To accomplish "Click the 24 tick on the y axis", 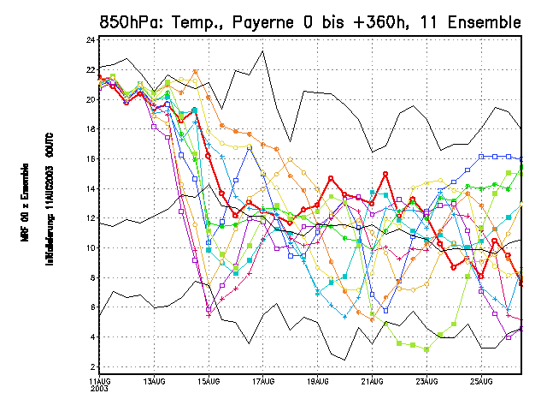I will (x=91, y=39).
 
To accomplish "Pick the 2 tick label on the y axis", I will (x=92, y=366).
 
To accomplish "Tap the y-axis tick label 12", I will (x=91, y=218).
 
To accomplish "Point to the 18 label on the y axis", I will (x=91, y=129).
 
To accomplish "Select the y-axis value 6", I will (x=92, y=307).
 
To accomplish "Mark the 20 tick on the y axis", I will (x=91, y=99).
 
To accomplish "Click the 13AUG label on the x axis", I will (x=155, y=380).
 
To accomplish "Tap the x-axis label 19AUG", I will (x=318, y=380).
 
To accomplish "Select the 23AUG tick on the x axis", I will (x=427, y=380).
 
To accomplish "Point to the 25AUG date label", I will (x=481, y=380).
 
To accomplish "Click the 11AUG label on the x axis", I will (x=100, y=380).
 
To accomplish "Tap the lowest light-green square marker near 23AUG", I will (x=426, y=349).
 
